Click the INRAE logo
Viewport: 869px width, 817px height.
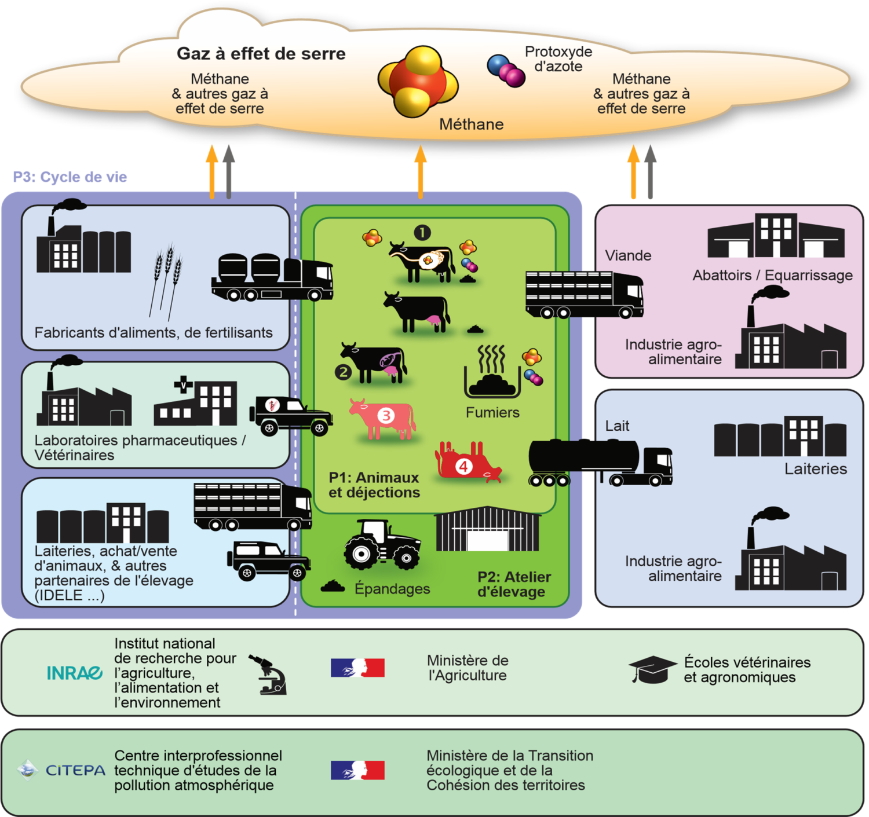click(x=74, y=673)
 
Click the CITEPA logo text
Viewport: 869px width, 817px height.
click(x=75, y=771)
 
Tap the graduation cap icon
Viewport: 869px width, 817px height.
click(x=652, y=670)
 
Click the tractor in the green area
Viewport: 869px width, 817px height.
click(x=382, y=545)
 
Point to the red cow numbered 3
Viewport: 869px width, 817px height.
click(x=383, y=417)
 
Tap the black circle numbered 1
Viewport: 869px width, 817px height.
click(x=422, y=233)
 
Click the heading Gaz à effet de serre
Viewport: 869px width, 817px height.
click(x=261, y=54)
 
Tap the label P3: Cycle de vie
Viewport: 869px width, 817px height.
click(x=70, y=177)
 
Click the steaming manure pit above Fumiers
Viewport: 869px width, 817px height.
click(x=492, y=373)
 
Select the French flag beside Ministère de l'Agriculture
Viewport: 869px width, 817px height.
click(x=357, y=668)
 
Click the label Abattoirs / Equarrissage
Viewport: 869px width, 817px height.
click(x=772, y=276)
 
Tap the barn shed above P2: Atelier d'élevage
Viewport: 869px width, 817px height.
click(x=487, y=530)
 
